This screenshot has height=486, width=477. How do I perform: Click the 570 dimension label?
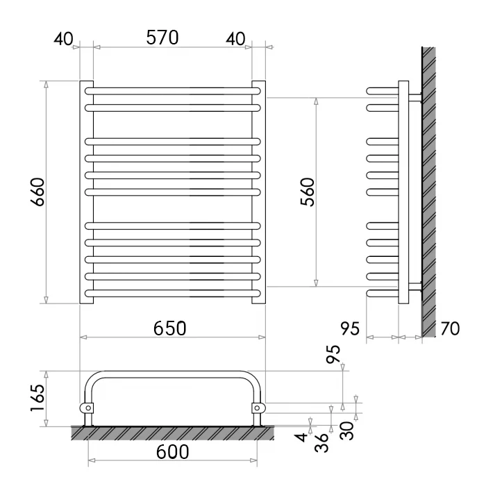pyautogui.click(x=162, y=37)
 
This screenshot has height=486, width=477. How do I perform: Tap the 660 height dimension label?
pyautogui.click(x=37, y=192)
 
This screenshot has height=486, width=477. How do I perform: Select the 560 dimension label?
pyautogui.click(x=308, y=192)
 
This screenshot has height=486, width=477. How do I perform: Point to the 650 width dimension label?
pyautogui.click(x=170, y=328)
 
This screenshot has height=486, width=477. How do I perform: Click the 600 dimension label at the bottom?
pyautogui.click(x=172, y=451)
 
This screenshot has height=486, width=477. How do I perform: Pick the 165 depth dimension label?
pyautogui.click(x=37, y=398)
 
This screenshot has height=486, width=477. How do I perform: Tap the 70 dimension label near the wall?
pyautogui.click(x=450, y=328)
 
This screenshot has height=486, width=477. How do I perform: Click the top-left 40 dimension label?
pyautogui.click(x=63, y=39)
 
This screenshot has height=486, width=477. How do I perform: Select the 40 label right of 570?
pyautogui.click(x=235, y=39)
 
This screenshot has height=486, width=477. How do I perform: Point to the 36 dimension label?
pyautogui.click(x=321, y=442)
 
